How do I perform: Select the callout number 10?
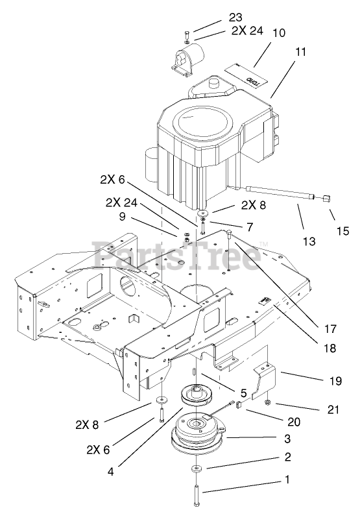[x=278, y=32]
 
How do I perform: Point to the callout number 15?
[x=342, y=231]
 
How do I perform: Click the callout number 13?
[x=309, y=241]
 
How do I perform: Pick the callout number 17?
[x=330, y=328]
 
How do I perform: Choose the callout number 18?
[x=330, y=348]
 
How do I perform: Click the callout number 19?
[x=335, y=381]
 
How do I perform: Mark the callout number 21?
[x=333, y=409]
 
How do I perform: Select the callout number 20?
[x=293, y=422]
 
